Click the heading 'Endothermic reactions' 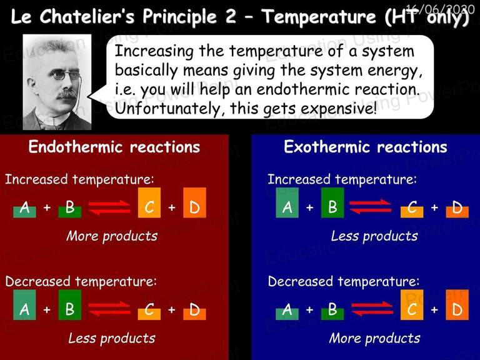(114, 147)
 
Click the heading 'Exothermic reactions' (366, 147)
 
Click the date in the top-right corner (440, 9)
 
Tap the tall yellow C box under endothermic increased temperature (149, 202)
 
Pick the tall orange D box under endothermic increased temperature (195, 202)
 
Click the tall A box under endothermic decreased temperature (24, 305)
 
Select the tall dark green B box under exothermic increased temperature (332, 202)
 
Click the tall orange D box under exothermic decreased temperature (457, 305)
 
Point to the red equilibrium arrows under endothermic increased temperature (109, 207)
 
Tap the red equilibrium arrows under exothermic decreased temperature (372, 309)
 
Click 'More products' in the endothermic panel (112, 236)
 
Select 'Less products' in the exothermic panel (374, 236)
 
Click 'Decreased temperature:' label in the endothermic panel (81, 282)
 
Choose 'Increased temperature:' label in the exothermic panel (342, 179)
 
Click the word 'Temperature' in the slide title (319, 17)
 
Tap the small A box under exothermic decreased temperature (287, 314)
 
